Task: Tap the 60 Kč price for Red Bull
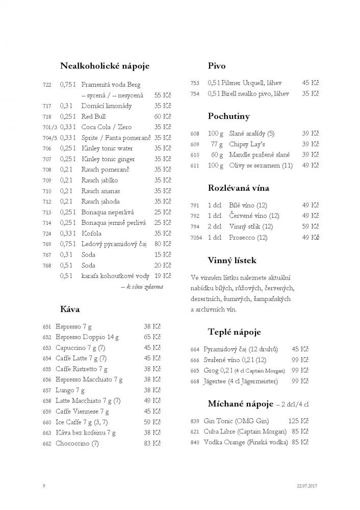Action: (x=163, y=116)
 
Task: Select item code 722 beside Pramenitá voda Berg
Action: (x=47, y=85)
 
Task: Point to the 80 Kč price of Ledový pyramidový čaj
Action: (x=163, y=244)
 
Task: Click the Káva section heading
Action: (x=70, y=309)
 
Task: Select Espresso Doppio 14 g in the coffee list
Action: (x=87, y=337)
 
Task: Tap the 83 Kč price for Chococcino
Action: (x=152, y=443)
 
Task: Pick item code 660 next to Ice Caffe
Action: (x=47, y=422)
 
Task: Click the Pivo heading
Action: (x=217, y=66)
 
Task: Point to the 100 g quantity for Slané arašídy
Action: (x=215, y=134)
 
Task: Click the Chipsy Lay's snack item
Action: (x=246, y=144)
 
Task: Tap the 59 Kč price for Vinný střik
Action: (x=311, y=226)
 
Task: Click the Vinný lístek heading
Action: (x=232, y=261)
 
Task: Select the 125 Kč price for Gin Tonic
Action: (x=298, y=421)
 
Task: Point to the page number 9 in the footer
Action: (x=45, y=485)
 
